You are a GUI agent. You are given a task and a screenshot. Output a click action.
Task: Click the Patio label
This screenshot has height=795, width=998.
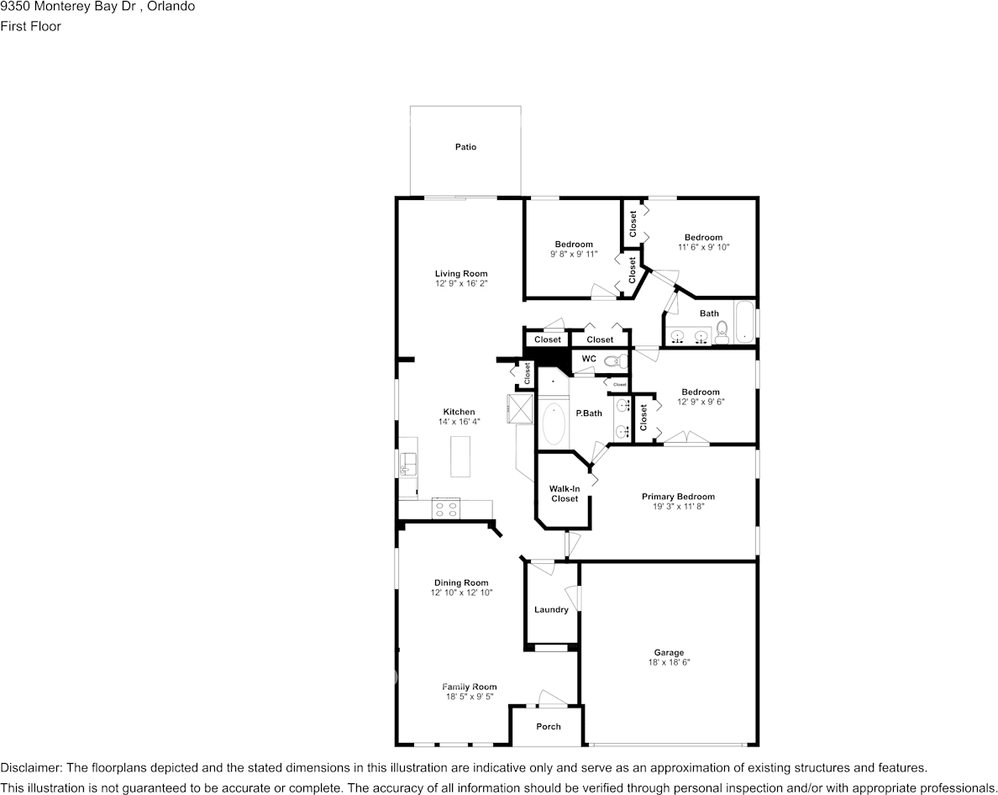click(465, 147)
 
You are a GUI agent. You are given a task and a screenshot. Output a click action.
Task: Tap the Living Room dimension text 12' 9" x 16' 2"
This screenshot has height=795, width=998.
click(461, 284)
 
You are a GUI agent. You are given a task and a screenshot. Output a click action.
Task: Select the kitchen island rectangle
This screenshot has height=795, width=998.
click(461, 456)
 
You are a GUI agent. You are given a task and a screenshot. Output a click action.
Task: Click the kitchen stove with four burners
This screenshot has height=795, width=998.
click(445, 508)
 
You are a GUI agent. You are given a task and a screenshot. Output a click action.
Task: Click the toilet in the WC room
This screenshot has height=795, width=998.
click(616, 361)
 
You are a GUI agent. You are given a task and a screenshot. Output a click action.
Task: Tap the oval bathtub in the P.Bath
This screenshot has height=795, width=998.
click(554, 425)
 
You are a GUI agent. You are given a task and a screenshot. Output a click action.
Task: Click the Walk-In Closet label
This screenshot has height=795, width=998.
click(565, 493)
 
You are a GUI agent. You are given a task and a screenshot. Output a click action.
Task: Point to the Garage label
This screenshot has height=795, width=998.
click(669, 652)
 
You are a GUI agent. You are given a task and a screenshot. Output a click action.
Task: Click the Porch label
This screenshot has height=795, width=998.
click(548, 726)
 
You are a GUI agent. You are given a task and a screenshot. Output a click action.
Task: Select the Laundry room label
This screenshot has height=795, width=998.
click(551, 609)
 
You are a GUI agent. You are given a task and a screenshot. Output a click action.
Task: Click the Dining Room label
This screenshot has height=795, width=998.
click(461, 582)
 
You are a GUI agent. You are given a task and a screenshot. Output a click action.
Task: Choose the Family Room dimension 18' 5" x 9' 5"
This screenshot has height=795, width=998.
click(470, 697)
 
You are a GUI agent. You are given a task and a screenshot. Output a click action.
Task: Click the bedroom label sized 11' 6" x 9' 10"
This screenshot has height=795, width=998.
click(702, 237)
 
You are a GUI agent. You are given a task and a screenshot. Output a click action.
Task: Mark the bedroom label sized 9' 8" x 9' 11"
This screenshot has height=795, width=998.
click(573, 245)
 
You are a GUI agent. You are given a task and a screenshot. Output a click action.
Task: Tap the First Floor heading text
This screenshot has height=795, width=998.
click(31, 26)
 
